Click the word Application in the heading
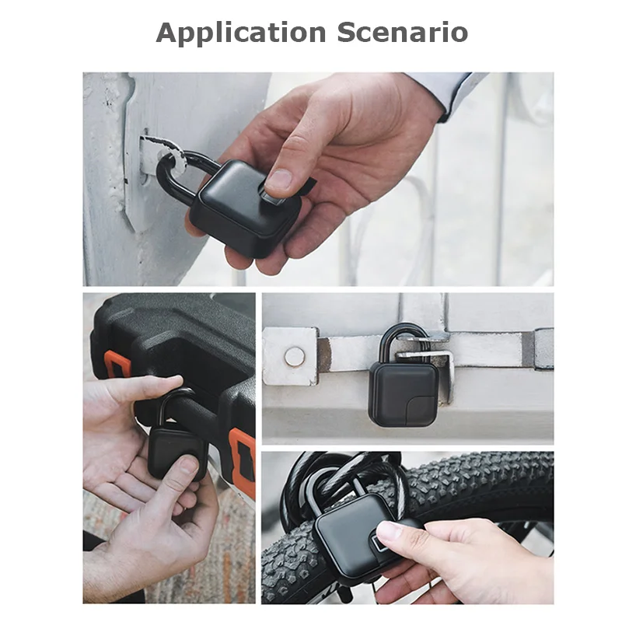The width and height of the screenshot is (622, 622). tap(241, 33)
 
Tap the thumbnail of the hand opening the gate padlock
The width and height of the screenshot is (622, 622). tap(278, 180)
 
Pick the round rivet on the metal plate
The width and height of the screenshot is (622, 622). tap(294, 356)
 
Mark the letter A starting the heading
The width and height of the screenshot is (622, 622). tap(167, 33)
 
